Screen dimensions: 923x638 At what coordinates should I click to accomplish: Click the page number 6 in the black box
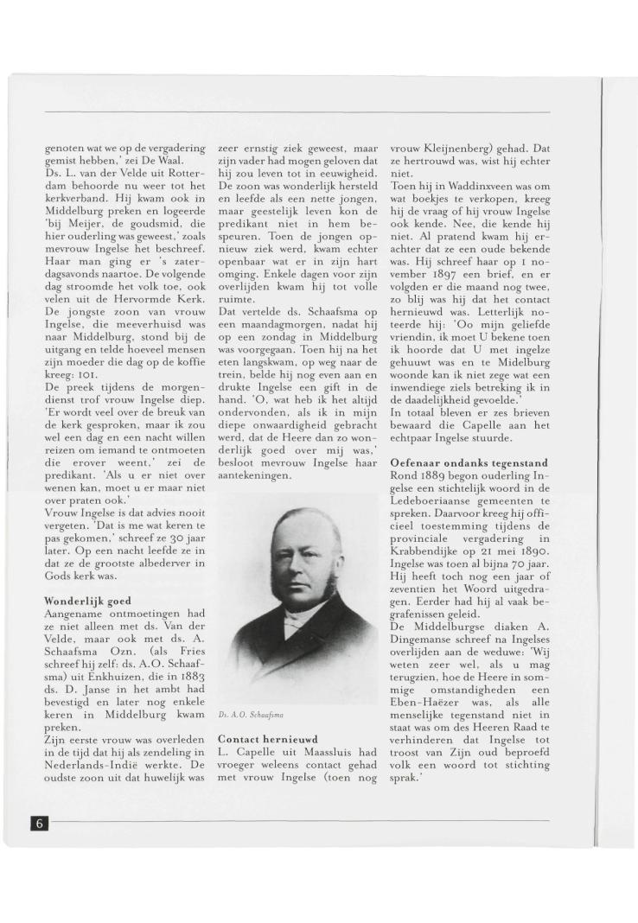pyautogui.click(x=39, y=822)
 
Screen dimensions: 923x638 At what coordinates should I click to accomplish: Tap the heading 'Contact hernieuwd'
pyautogui.click(x=268, y=740)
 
